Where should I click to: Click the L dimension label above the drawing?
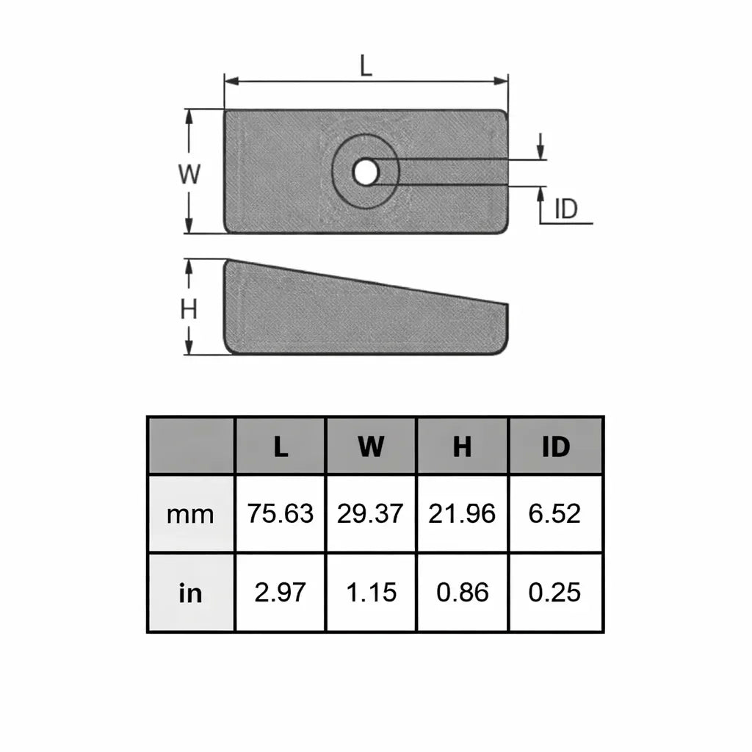pos(366,66)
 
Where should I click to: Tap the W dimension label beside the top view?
pos(189,174)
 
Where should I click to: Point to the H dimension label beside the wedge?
pos(189,310)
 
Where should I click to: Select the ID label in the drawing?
pos(565,209)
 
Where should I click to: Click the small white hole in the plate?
pos(365,173)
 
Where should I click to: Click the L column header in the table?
pos(281,446)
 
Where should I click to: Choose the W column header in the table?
pos(371,446)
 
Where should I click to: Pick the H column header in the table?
pos(462,446)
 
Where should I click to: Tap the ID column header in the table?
pos(555,446)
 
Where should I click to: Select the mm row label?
pos(190,514)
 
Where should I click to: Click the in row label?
pos(190,593)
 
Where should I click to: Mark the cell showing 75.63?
pos(281,514)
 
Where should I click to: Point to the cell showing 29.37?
pos(371,514)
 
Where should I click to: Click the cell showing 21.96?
pos(462,514)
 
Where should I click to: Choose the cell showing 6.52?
pos(555,514)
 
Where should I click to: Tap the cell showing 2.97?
pos(281,593)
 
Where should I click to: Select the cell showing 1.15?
pos(371,593)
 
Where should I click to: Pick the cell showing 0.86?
pos(462,593)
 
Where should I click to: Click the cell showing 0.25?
pos(555,593)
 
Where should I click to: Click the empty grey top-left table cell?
pos(191,446)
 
